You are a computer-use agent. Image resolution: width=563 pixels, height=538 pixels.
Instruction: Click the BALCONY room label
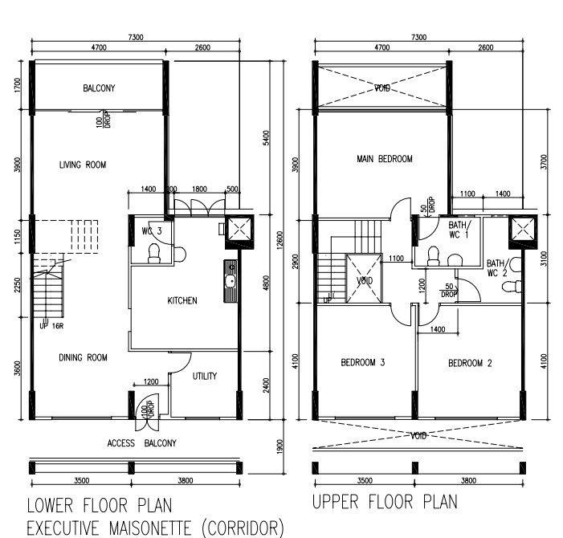99,88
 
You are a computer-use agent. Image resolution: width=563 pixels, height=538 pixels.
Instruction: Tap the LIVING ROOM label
83,165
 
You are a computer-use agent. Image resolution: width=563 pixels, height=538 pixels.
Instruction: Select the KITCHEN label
182,300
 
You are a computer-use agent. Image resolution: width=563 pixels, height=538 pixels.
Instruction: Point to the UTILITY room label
205,376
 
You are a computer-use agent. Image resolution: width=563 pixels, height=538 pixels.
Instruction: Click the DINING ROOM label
83,357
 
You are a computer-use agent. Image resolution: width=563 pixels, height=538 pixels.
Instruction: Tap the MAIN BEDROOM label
385,159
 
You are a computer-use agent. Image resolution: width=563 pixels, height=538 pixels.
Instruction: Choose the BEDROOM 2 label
470,363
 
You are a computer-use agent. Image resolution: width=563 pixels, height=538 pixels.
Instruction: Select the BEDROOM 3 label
363,362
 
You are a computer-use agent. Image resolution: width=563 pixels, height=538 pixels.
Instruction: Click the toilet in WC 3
154,254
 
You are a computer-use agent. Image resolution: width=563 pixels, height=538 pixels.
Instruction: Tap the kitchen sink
231,281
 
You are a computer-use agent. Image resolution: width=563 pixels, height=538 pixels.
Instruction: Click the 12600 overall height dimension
280,239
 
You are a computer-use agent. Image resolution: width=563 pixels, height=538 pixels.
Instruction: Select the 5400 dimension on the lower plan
266,138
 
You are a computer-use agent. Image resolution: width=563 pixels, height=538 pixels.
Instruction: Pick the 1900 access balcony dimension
280,446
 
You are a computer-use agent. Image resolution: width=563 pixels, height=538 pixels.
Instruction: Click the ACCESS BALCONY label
142,443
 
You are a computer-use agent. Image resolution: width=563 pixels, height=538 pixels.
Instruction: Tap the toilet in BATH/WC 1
434,256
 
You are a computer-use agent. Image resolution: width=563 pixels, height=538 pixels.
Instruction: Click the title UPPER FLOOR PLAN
385,502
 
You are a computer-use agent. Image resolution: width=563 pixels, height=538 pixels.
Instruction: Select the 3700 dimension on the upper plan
544,162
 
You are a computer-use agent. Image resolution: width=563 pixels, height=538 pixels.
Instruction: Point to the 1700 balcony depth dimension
18,84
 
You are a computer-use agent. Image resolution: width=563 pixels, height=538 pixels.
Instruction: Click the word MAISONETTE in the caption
150,528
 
